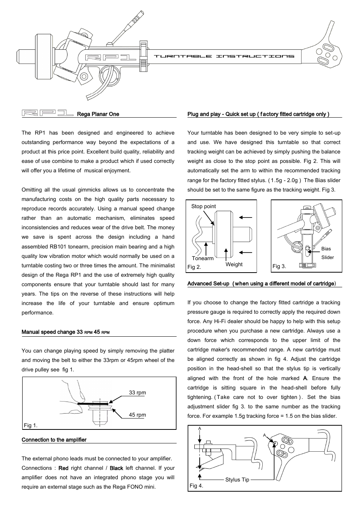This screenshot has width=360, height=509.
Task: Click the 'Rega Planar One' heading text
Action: pyautogui.click(x=98, y=114)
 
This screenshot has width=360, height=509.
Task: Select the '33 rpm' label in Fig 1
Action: pyautogui.click(x=137, y=392)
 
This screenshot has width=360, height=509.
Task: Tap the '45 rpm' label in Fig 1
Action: pyautogui.click(x=137, y=415)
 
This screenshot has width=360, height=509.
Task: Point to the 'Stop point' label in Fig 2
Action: pyautogui.click(x=203, y=206)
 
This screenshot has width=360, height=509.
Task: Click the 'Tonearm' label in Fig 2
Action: pyautogui.click(x=203, y=258)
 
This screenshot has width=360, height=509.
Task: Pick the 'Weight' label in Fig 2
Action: pyautogui.click(x=234, y=264)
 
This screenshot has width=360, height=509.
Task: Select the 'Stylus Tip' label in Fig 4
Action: pyautogui.click(x=237, y=480)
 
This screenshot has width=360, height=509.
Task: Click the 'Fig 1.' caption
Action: pyautogui.click(x=31, y=425)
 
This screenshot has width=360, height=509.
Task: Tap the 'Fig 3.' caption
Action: pyautogui.click(x=279, y=266)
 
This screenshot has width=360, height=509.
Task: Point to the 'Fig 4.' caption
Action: pyautogui.click(x=196, y=486)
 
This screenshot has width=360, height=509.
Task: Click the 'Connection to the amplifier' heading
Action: pyautogui.click(x=54, y=440)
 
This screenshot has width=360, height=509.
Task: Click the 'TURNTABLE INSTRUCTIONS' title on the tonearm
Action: pyautogui.click(x=224, y=56)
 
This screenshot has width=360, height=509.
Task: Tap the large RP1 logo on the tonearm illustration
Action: pyautogui.click(x=110, y=57)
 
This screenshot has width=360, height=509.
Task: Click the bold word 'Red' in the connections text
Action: pyautogui.click(x=63, y=468)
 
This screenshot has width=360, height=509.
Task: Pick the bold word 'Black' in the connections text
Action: pyautogui.click(x=116, y=468)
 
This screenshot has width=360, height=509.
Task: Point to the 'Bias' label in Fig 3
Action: pyautogui.click(x=326, y=249)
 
